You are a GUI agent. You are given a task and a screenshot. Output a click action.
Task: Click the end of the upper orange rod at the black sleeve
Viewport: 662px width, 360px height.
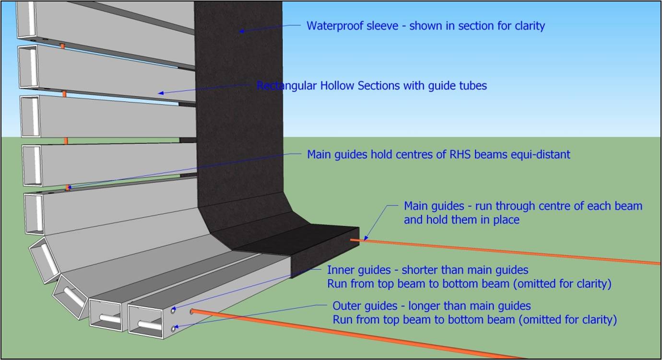coord(352,240)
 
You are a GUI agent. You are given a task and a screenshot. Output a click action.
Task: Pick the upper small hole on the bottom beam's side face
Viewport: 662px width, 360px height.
coord(174,310)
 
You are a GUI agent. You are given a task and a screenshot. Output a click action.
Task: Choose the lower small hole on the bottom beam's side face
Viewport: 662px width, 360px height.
coord(174,329)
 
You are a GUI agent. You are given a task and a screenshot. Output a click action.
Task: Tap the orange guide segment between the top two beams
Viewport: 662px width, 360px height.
coord(62,46)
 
